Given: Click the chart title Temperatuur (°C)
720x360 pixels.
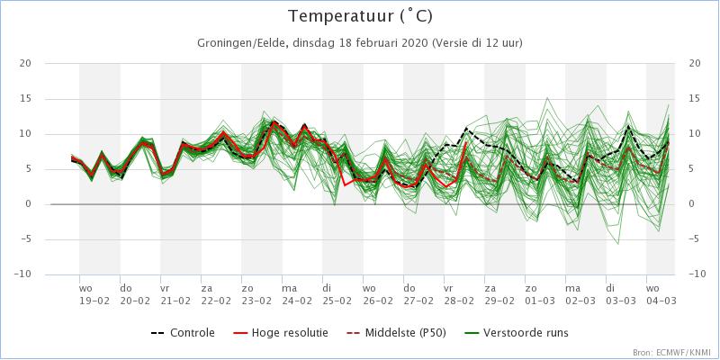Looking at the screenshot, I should tap(359, 17).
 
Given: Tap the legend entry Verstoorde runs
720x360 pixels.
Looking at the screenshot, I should tap(526, 333).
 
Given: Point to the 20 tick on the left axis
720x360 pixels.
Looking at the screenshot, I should tap(25, 63).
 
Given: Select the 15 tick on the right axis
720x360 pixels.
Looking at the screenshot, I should tap(694, 98).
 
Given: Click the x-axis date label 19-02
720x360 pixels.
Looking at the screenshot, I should tap(93, 301).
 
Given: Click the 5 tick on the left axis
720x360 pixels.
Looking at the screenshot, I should tap(28, 169).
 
